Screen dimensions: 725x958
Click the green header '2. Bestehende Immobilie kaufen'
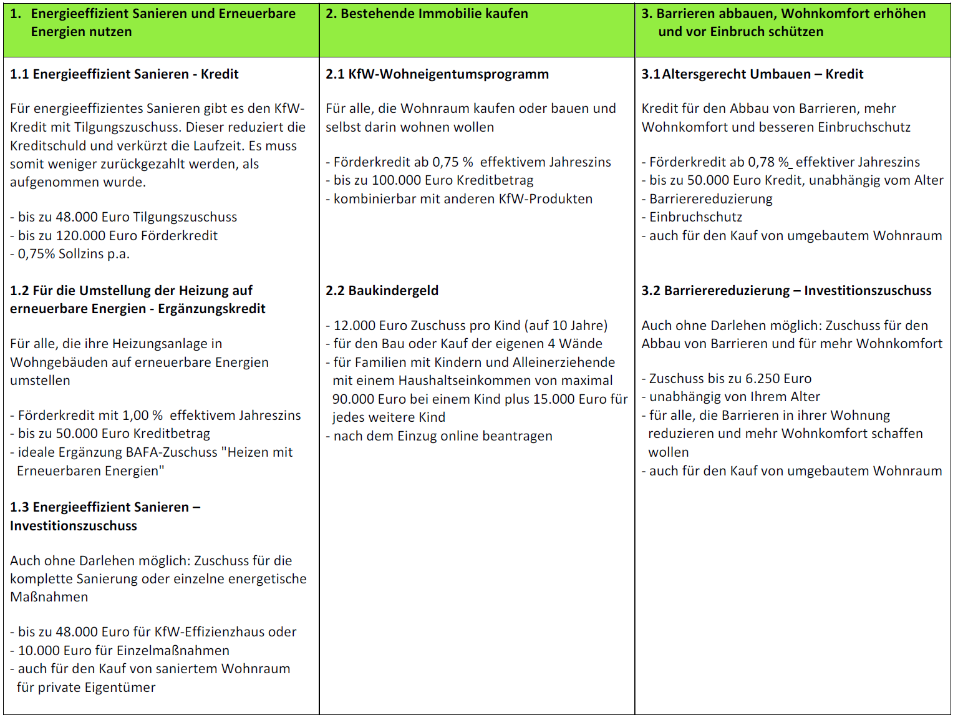click(427, 14)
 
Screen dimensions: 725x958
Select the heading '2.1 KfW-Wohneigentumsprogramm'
click(437, 74)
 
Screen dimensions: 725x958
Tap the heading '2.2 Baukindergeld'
click(382, 291)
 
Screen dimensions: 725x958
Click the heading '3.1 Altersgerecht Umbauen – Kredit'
click(752, 74)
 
